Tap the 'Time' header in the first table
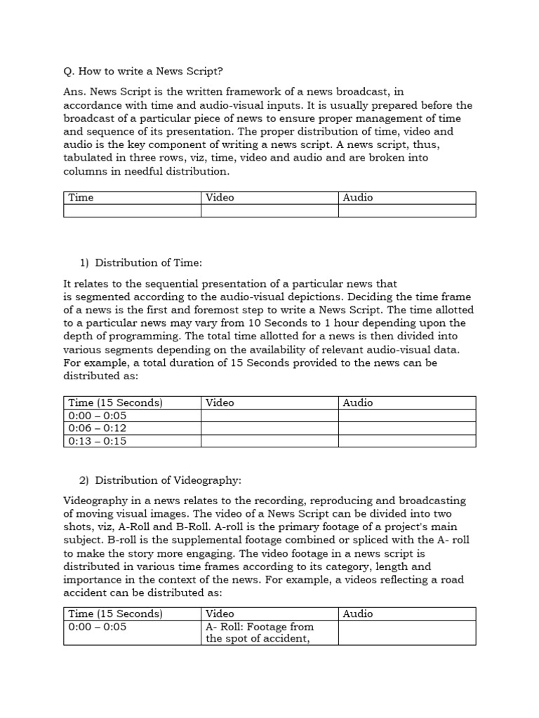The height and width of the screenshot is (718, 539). [81, 198]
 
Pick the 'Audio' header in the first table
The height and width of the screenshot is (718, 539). [357, 198]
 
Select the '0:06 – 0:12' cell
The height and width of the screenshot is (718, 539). [98, 428]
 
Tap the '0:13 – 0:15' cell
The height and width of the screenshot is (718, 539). [98, 441]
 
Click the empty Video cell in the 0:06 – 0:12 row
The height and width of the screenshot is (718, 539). [269, 428]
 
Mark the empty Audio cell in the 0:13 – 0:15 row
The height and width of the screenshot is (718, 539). [407, 441]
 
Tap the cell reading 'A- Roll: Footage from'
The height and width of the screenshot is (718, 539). [259, 627]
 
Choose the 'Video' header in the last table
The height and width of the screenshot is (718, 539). [220, 614]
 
